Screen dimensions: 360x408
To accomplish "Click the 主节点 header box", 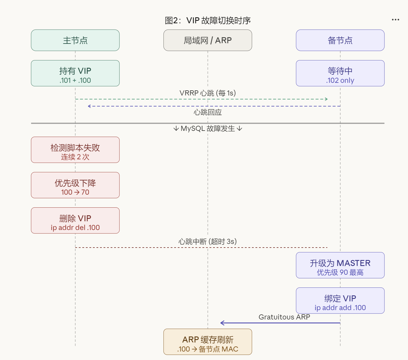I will [x=75, y=40].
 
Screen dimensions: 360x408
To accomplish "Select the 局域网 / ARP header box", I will [x=208, y=40].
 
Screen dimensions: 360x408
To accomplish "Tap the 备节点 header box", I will [x=340, y=40].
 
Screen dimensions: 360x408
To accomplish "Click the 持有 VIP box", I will [x=75, y=73].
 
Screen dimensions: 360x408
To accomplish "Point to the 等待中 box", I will [x=340, y=73].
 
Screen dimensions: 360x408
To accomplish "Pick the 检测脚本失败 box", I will [x=75, y=150].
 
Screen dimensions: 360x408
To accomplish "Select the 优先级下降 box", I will [x=75, y=185].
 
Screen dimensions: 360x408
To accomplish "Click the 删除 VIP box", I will [x=75, y=221].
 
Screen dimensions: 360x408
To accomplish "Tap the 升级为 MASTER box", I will [x=340, y=265].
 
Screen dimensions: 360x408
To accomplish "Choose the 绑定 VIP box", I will [x=340, y=301].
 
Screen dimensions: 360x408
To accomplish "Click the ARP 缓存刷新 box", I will [x=208, y=342].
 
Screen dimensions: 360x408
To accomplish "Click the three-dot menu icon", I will [x=395, y=20].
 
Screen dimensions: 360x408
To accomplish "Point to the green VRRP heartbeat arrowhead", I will [x=326, y=99].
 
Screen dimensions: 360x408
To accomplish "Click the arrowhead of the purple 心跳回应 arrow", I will [x=89, y=106].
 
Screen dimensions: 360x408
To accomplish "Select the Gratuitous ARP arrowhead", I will [x=222, y=323].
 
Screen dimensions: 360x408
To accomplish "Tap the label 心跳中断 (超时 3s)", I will [x=208, y=242].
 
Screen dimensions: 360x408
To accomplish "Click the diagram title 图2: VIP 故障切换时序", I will [x=208, y=21].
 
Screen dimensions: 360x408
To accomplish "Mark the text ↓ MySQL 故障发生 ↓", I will [x=208, y=129].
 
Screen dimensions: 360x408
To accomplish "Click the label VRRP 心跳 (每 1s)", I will [x=208, y=93].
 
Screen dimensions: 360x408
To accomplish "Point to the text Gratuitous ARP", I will [x=284, y=317].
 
